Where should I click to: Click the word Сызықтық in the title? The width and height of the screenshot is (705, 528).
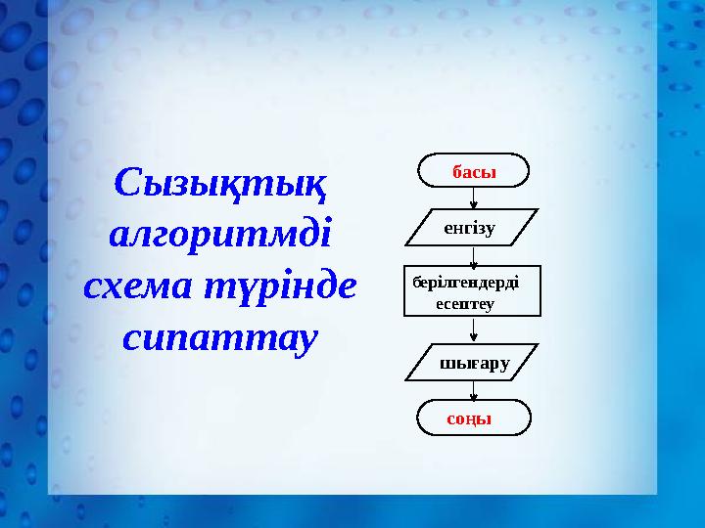point(220,181)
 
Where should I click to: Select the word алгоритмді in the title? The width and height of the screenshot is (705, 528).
point(220,235)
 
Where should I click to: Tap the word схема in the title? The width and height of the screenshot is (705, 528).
point(133,286)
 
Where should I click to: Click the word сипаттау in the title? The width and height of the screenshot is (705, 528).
point(220,337)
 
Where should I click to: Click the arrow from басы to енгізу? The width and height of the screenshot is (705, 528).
point(474,198)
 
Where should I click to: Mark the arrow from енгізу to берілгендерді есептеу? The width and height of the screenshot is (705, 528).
point(474,256)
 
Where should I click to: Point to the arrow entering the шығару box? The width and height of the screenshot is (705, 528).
point(474,331)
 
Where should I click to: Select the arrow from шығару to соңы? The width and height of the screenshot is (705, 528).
point(474,390)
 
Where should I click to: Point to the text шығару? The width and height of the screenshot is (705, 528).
point(476,363)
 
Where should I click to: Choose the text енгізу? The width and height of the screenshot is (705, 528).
point(470,228)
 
